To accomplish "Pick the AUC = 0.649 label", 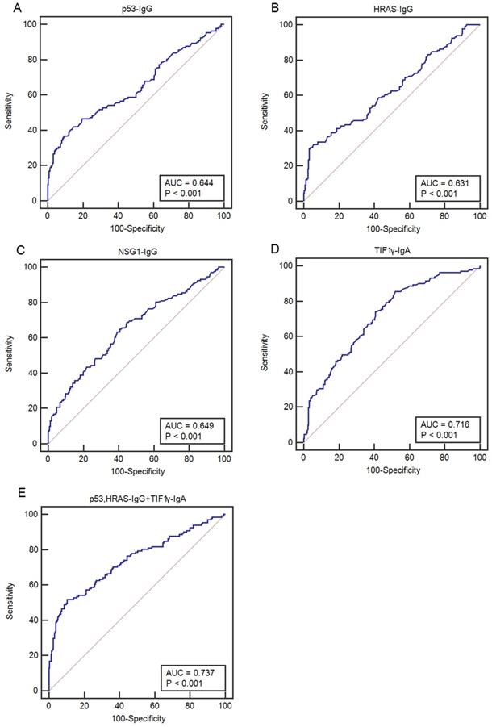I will point(188,423).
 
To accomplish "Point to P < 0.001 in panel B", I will point(440,194).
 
